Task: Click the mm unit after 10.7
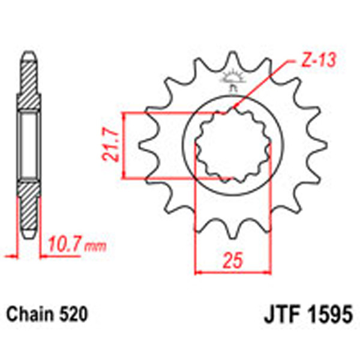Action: pos(92,246)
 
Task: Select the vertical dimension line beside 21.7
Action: pos(123,146)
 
